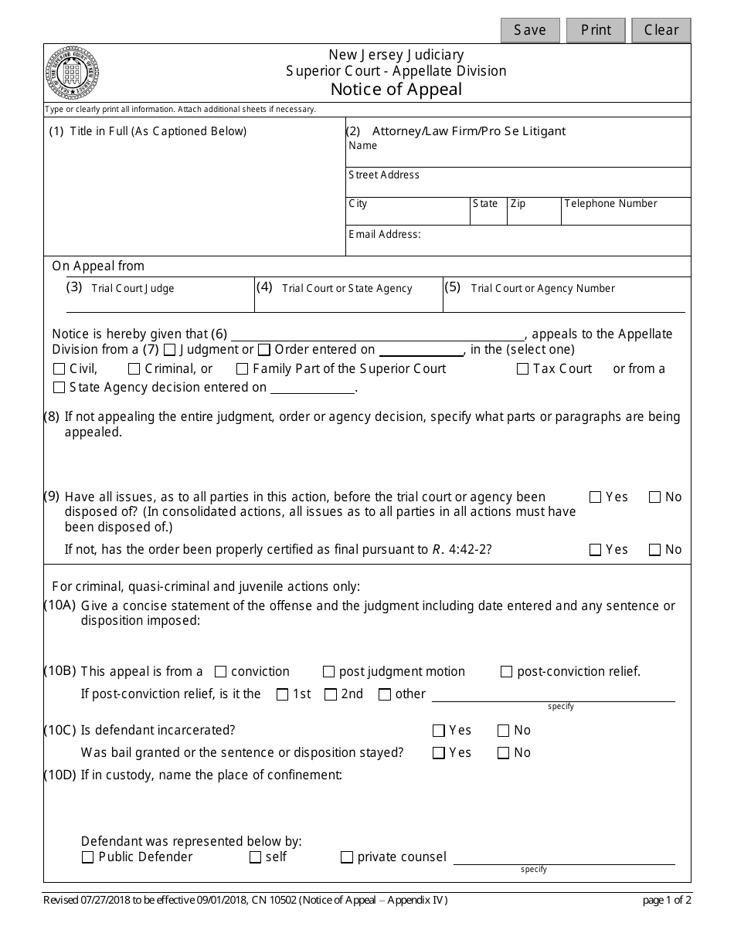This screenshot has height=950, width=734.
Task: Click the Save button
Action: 530,30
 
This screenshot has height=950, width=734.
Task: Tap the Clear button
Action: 661,30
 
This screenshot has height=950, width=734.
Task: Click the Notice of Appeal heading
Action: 396,89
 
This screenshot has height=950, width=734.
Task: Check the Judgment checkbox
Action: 170,350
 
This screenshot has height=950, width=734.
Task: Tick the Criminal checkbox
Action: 134,369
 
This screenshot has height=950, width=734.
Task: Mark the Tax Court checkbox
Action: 523,369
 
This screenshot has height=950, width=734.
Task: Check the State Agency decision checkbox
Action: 59,388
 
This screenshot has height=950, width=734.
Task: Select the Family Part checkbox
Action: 243,369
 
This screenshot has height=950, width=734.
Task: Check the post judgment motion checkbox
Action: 329,672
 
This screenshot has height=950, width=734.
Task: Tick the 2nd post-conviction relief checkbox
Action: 331,694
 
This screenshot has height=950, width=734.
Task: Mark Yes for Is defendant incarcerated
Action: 439,731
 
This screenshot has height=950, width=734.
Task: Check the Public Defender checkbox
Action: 87,857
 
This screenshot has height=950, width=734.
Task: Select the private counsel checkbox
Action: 347,857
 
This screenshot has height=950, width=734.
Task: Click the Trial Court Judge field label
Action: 133,289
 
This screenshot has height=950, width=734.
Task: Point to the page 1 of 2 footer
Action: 667,900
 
